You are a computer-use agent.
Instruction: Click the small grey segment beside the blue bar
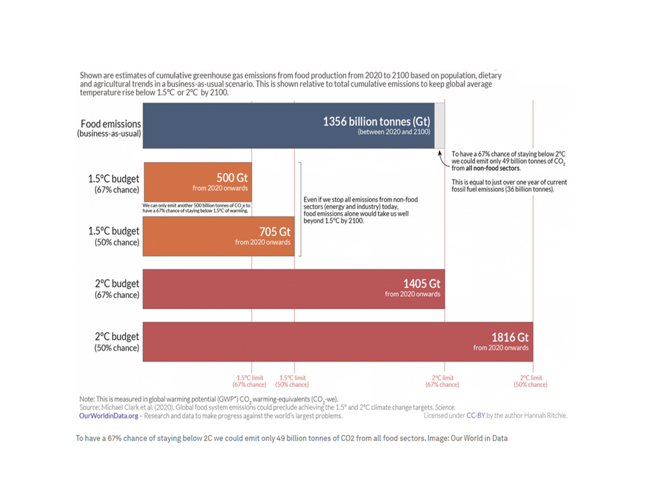439,125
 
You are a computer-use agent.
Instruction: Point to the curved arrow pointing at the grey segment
442,159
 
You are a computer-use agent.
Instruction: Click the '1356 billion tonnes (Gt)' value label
376,122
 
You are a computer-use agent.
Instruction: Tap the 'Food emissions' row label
110,124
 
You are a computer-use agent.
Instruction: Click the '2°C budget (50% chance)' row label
117,342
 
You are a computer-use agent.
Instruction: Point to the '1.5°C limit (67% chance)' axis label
249,381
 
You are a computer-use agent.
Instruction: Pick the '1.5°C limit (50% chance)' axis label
292,381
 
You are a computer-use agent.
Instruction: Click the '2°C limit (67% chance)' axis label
442,381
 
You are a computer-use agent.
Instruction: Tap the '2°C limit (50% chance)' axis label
530,381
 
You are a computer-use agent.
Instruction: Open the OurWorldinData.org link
108,416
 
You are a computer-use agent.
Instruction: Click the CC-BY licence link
475,415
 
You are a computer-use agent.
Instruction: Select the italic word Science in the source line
445,407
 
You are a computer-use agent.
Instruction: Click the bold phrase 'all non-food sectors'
493,168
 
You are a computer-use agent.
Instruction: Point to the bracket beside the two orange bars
300,209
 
